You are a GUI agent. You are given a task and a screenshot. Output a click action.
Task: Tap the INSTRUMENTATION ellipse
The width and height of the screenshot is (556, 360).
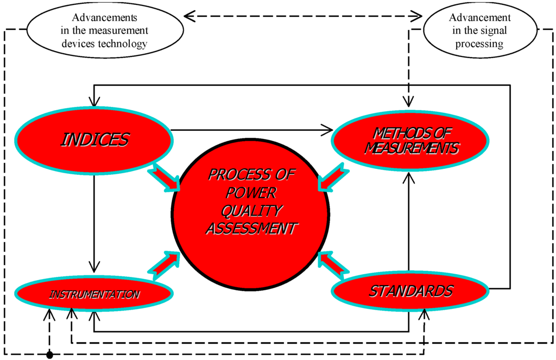pyautogui.click(x=94, y=294)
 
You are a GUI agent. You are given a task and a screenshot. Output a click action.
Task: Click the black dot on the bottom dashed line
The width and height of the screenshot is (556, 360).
pyautogui.click(x=49, y=355)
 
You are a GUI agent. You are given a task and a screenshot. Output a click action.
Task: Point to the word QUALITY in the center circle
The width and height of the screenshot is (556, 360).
pyautogui.click(x=250, y=211)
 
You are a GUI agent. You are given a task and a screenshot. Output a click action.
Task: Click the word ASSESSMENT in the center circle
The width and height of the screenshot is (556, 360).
pyautogui.click(x=250, y=229)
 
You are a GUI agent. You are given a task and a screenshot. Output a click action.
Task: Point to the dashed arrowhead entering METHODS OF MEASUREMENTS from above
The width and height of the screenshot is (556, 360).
pyautogui.click(x=408, y=100)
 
